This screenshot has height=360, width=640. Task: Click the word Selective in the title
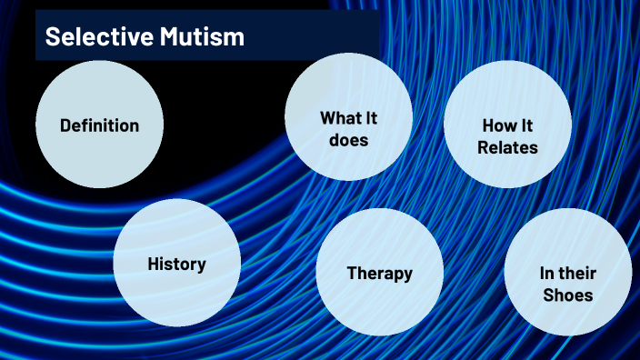click(x=90, y=37)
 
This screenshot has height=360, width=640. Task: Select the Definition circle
click(x=99, y=125)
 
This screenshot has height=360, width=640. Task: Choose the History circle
click(x=176, y=264)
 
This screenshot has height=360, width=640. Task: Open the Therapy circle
click(x=379, y=273)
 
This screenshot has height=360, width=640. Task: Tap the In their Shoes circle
click(x=567, y=283)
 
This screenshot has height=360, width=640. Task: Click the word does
click(x=348, y=141)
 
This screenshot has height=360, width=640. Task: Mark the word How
click(x=494, y=125)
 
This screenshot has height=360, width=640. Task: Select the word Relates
click(x=507, y=147)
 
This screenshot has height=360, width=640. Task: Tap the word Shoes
click(x=566, y=295)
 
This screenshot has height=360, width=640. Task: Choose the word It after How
click(x=523, y=125)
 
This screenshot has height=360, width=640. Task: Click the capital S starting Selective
click(x=52, y=37)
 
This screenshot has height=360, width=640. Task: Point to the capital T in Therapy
click(x=352, y=273)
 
